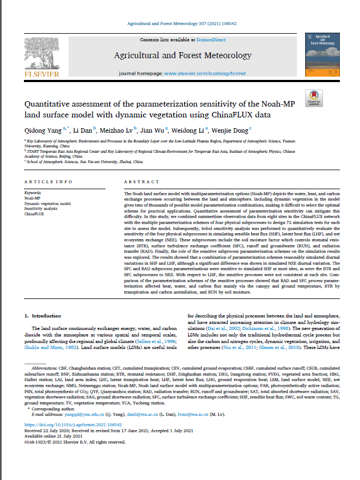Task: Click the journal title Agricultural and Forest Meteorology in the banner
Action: coord(182,55)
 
